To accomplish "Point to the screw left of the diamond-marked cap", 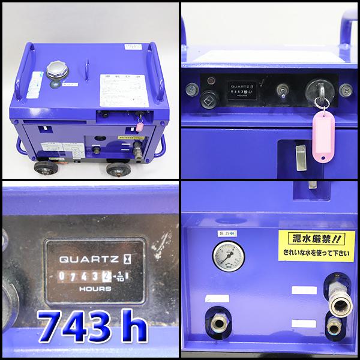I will tap(191, 90).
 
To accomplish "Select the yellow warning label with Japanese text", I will tap(312, 245).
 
